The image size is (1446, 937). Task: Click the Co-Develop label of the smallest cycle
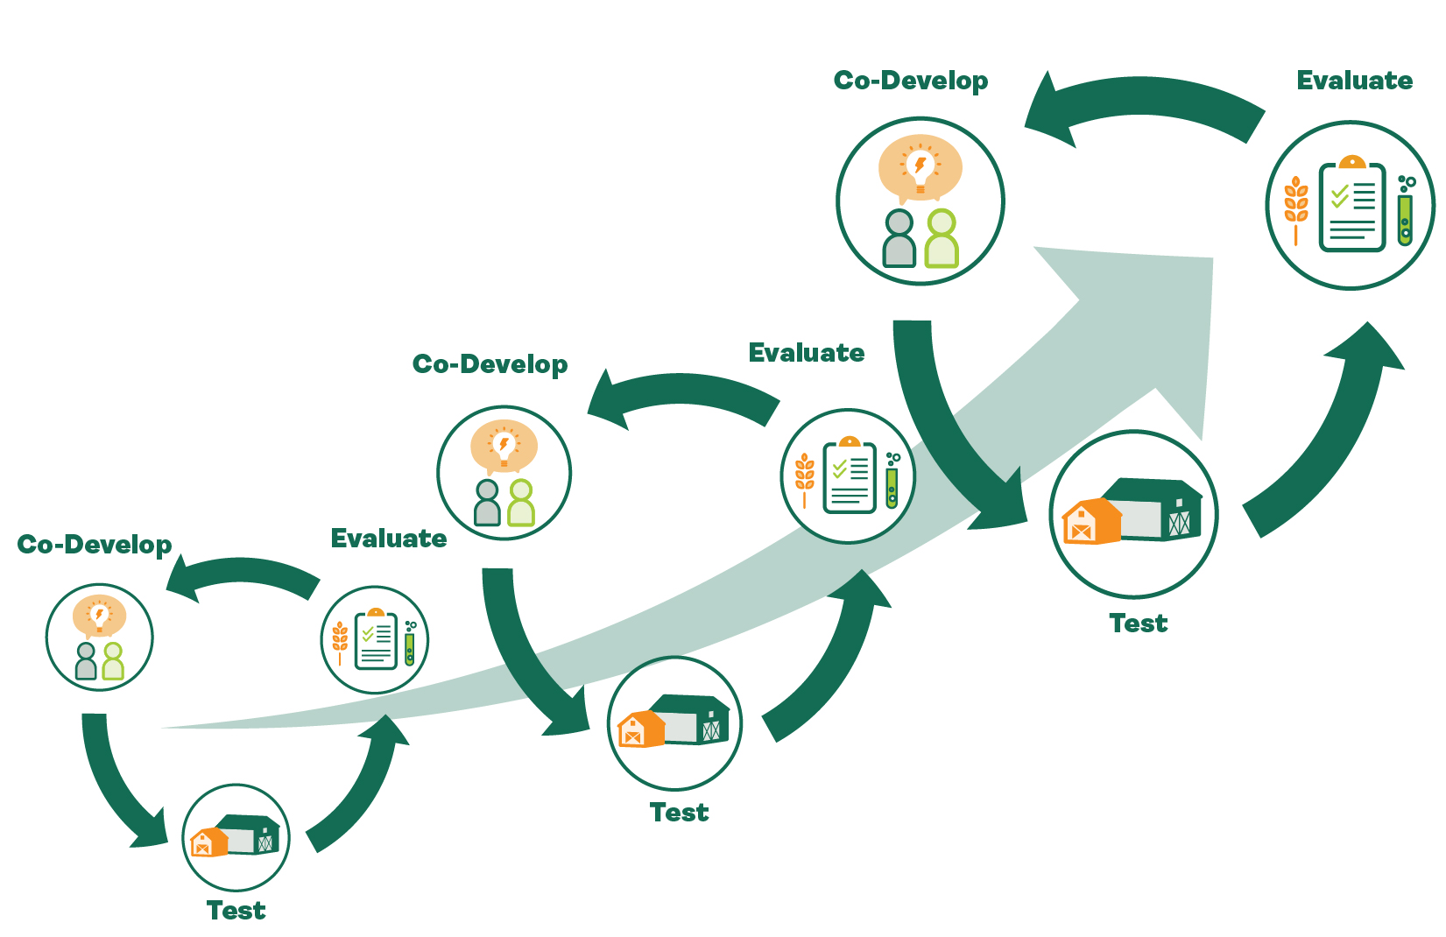click(x=95, y=546)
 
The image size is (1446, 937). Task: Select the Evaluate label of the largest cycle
click(x=1354, y=81)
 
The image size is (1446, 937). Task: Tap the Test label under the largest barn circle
click(x=1138, y=623)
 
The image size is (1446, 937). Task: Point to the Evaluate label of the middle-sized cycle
click(x=807, y=353)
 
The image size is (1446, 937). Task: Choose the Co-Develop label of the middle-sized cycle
click(x=490, y=364)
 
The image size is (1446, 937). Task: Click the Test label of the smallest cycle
click(x=236, y=911)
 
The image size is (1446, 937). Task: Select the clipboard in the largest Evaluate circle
click(x=1351, y=203)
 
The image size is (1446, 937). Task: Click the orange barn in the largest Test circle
click(x=1091, y=521)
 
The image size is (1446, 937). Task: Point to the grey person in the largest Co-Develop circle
click(x=899, y=238)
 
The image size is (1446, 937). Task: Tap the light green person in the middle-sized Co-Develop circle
click(x=521, y=503)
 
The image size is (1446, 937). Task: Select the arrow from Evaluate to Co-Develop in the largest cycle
click(x=1143, y=104)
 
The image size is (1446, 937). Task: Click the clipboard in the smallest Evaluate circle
click(x=376, y=639)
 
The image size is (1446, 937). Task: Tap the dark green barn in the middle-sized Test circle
click(x=692, y=719)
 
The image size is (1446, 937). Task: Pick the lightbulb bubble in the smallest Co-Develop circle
click(x=99, y=616)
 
